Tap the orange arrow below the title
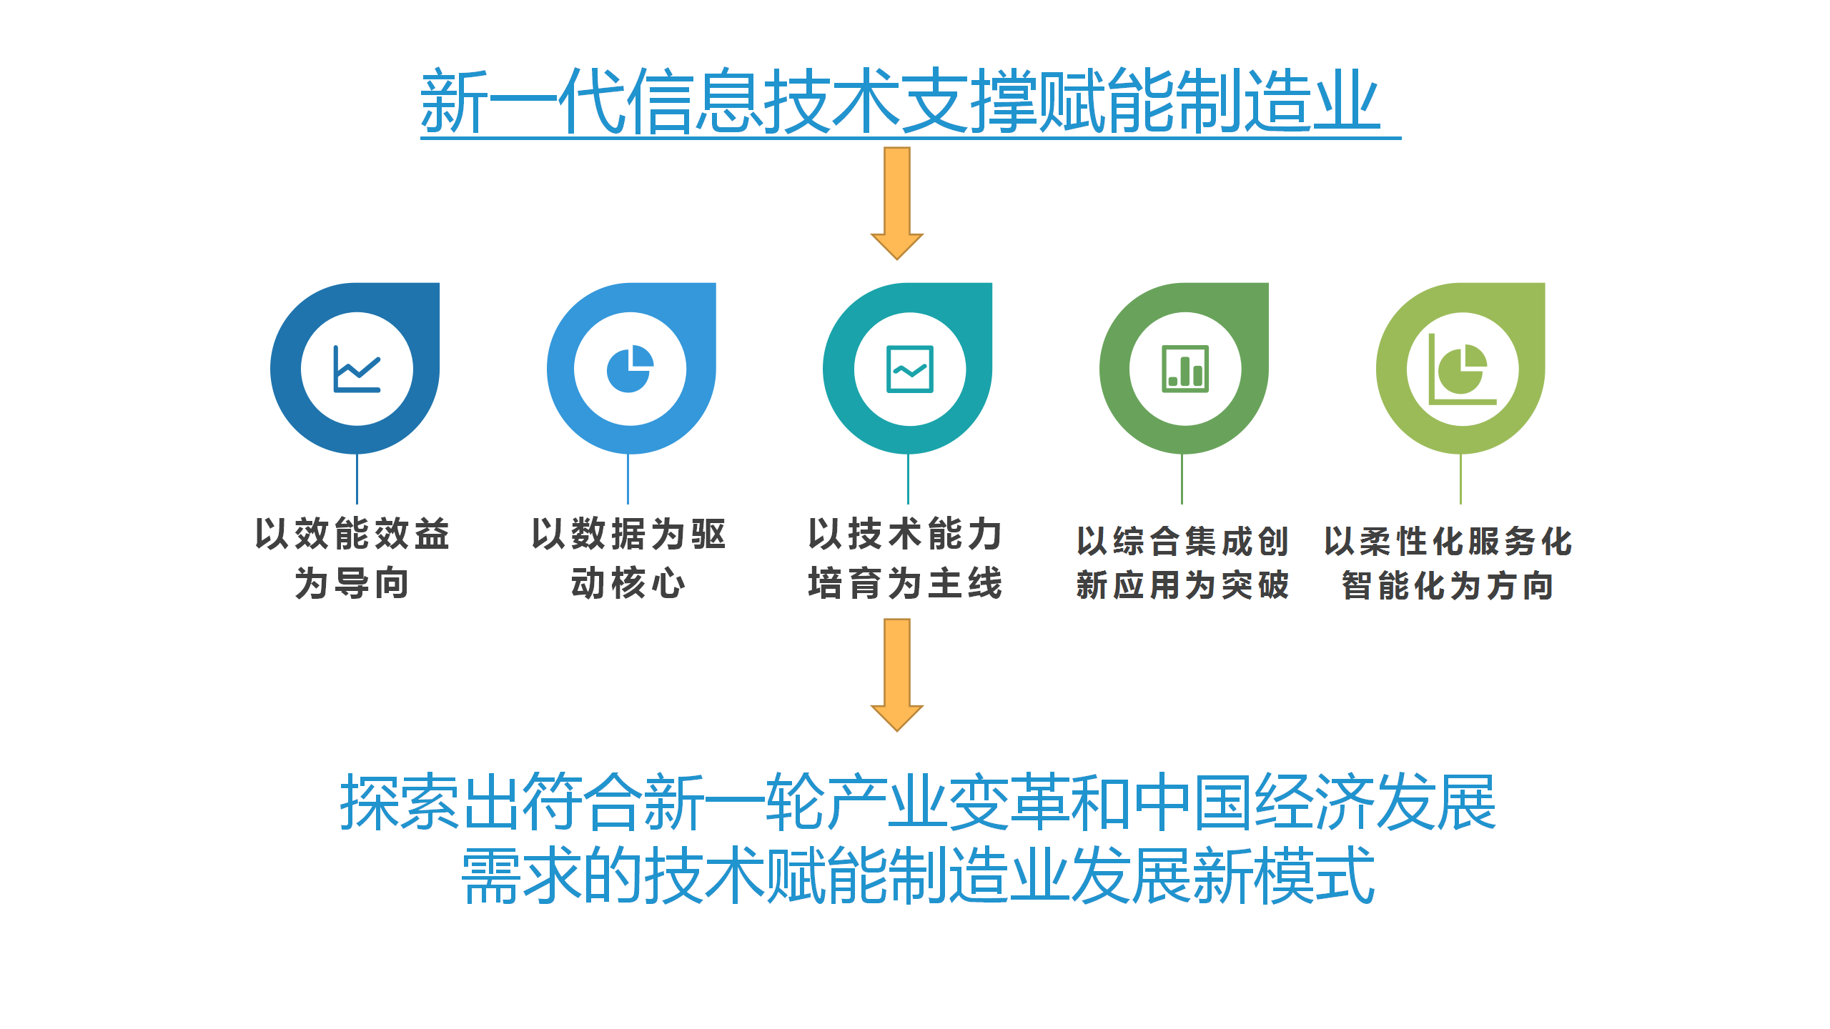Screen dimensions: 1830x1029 point(897,204)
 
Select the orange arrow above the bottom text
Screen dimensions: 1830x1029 point(897,675)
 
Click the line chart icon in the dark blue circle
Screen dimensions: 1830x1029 point(357,369)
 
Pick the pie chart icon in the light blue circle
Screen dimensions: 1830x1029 point(630,369)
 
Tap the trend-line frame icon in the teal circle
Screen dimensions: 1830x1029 point(910,369)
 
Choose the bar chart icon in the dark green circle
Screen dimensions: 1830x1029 point(1186,369)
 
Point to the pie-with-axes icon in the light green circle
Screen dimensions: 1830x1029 point(1462,369)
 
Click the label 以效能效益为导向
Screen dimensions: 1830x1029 point(352,558)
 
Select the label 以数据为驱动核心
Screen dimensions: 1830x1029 point(629,558)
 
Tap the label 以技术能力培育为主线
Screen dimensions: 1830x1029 point(906,558)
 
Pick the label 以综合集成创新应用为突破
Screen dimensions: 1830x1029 point(1183,563)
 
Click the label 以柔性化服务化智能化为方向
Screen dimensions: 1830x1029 point(1448,563)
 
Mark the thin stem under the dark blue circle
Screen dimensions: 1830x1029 point(357,479)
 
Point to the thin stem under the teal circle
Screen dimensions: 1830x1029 point(908,479)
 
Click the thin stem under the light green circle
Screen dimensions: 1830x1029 point(1460,479)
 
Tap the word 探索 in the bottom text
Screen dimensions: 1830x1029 point(400,802)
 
